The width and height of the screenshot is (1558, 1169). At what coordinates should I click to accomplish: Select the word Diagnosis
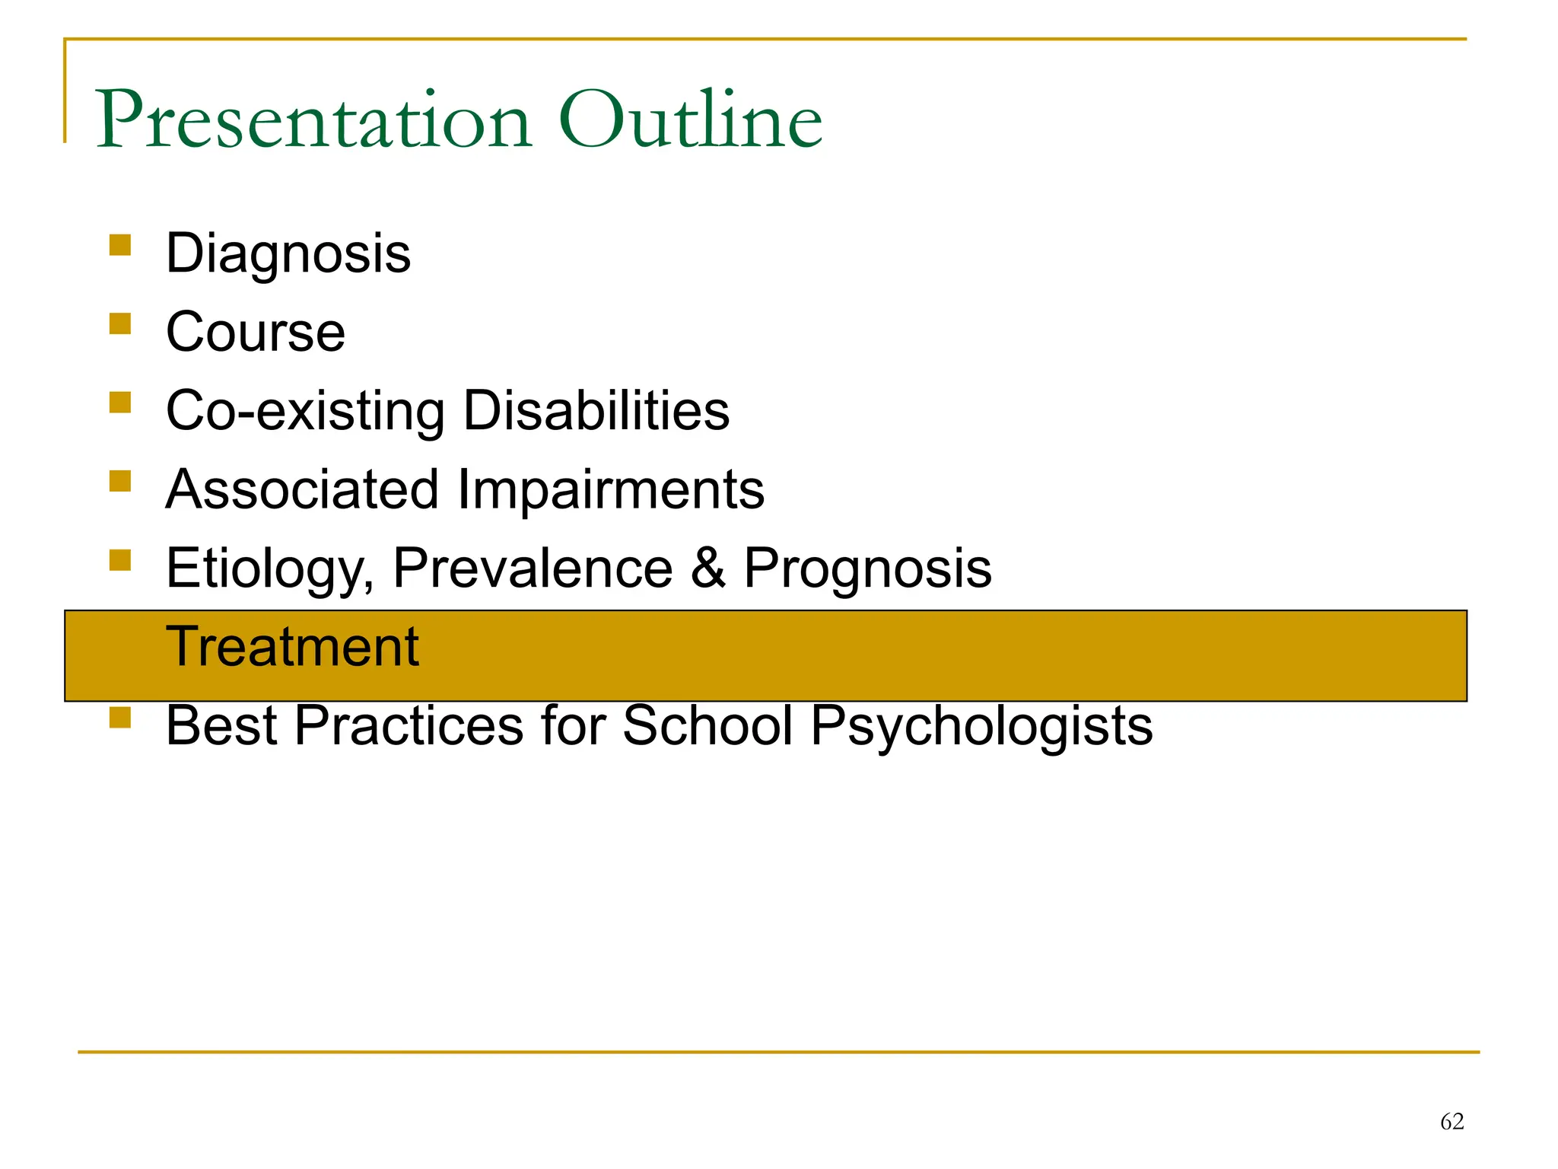tap(288, 255)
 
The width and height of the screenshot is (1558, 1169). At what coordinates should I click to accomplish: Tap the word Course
tap(256, 333)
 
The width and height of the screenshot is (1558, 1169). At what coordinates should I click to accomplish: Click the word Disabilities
tap(596, 411)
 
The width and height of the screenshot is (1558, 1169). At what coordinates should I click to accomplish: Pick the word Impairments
tap(611, 491)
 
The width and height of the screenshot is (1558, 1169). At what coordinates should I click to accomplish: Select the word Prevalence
tap(533, 569)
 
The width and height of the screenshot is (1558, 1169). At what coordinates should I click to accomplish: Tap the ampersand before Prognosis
tap(708, 569)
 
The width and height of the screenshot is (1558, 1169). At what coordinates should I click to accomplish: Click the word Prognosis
tap(867, 569)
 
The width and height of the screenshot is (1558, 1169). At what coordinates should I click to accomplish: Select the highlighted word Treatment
tap(292, 647)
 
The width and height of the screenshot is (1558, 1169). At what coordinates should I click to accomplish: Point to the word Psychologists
tap(981, 726)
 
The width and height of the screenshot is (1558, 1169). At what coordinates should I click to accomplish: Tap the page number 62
tap(1451, 1121)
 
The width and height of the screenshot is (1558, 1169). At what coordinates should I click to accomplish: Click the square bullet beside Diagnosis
tap(120, 245)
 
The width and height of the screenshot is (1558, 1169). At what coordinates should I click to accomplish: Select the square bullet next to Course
tap(120, 323)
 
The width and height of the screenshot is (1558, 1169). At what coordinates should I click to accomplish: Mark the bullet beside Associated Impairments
tap(120, 481)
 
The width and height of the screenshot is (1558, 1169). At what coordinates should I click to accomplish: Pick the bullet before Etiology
tap(120, 560)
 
